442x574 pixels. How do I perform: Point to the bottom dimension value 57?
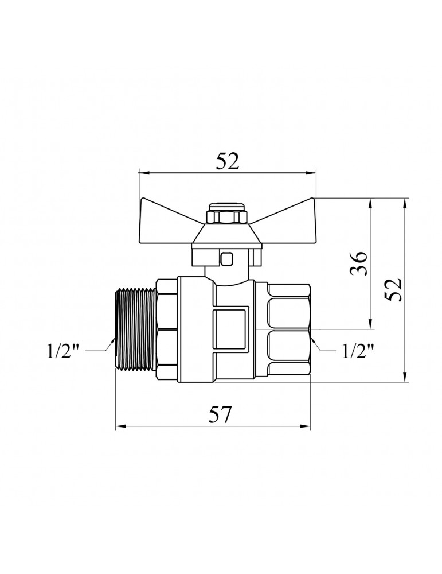(x=221, y=415)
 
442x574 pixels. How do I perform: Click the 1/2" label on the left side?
(x=64, y=351)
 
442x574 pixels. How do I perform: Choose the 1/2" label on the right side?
(x=358, y=351)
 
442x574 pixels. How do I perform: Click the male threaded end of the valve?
(x=136, y=331)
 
